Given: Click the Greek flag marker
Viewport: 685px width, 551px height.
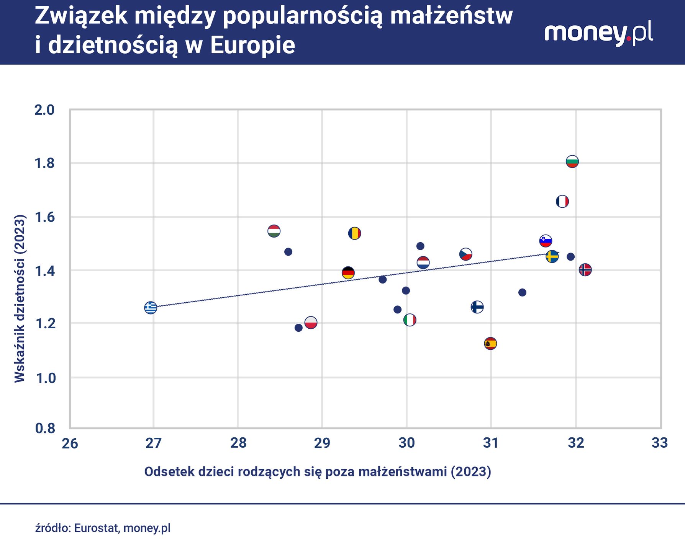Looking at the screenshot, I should point(151,307).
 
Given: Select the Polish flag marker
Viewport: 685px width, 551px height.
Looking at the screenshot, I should point(311,323).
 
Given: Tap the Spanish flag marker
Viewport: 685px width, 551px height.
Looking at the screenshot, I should point(490,343).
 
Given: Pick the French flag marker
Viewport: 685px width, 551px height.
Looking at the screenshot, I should point(562,201).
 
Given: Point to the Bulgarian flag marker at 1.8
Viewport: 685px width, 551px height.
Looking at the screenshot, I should point(572,161).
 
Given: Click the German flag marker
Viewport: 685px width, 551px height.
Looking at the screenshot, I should point(348,273).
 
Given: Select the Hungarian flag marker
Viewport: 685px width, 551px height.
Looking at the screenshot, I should point(274,231).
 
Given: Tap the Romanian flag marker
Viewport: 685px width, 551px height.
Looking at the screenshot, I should point(354,233).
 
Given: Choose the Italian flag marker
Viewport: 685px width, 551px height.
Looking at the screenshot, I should point(410,320).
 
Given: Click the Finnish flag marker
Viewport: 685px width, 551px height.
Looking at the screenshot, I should point(477,307).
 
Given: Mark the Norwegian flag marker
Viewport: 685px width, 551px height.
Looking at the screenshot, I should point(585,270).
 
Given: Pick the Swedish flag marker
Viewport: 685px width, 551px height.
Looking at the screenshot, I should point(552,256).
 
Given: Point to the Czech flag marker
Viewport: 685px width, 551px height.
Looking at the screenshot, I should point(465,254).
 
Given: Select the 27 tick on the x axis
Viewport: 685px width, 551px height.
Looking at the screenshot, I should point(153,443).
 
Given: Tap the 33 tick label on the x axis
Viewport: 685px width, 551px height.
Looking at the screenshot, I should point(659,443).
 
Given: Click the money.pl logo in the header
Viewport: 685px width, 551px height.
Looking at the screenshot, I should point(598,34).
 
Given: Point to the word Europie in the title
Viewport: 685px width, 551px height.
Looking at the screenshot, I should point(252,45).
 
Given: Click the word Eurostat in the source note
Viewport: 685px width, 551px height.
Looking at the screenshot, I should point(97,528).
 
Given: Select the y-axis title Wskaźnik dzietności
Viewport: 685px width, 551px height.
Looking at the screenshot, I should point(20,298).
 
